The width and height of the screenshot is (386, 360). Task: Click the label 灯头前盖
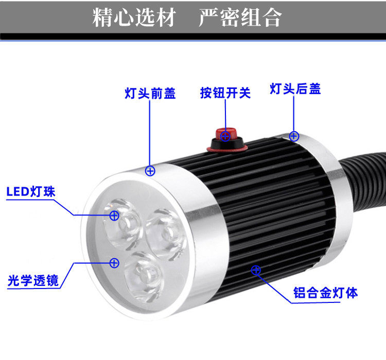pyautogui.click(x=150, y=93)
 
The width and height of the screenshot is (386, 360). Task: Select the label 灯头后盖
pyautogui.click(x=295, y=89)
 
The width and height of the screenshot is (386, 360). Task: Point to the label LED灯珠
pyautogui.click(x=31, y=192)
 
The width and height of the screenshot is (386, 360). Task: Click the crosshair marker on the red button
pyautogui.click(x=225, y=136)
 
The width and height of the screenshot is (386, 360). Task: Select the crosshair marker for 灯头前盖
pyautogui.click(x=150, y=171)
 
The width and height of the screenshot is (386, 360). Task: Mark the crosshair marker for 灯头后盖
pyautogui.click(x=294, y=136)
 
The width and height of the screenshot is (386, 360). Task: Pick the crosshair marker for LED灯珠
pyautogui.click(x=114, y=215)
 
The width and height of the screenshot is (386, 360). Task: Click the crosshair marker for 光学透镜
pyautogui.click(x=114, y=263)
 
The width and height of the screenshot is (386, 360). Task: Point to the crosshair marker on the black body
pyautogui.click(x=256, y=269)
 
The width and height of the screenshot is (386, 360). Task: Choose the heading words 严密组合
pyautogui.click(x=240, y=18)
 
